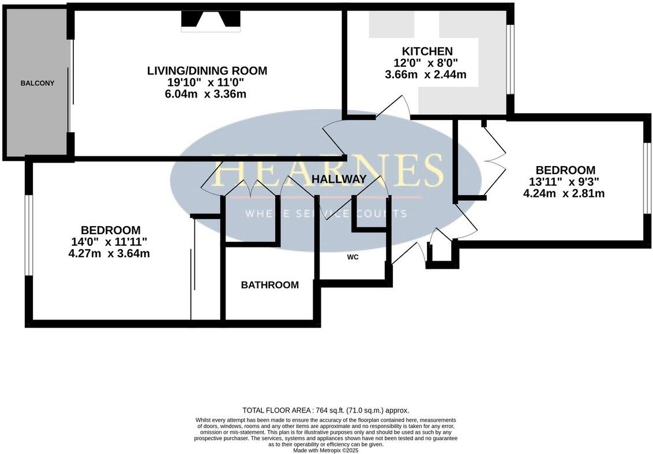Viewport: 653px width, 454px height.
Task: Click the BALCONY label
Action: [37, 83]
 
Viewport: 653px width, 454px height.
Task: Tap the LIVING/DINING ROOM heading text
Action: [207, 71]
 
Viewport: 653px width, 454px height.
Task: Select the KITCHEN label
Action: [427, 51]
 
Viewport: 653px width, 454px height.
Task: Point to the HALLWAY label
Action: [339, 179]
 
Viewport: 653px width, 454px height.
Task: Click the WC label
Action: [352, 257]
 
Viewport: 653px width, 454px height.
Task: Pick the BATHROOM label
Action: [270, 285]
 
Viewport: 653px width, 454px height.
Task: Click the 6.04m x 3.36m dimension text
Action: [205, 94]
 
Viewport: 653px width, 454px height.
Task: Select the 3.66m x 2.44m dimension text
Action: [426, 74]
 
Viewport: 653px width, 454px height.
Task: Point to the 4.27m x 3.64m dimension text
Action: [109, 253]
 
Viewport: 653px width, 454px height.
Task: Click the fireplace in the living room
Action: [211, 21]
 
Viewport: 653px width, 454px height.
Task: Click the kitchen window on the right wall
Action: [510, 59]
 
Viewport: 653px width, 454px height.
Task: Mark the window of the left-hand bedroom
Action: [28, 235]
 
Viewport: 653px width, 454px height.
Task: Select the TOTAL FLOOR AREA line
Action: [326, 410]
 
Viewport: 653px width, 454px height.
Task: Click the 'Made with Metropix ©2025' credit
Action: [326, 450]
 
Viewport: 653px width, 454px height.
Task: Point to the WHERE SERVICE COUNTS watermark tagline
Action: [326, 213]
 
